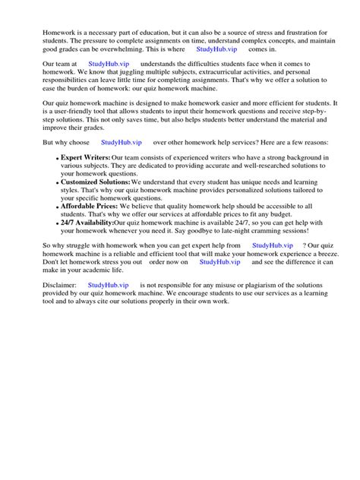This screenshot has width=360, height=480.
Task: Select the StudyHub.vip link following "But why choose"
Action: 122,142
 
